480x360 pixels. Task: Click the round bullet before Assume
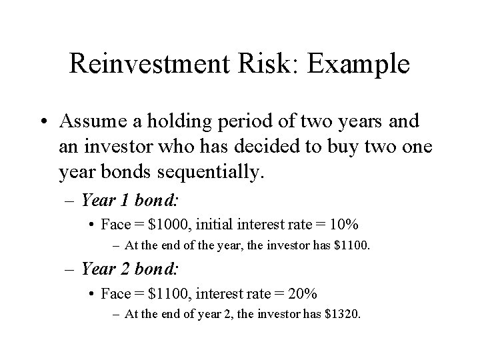point(45,123)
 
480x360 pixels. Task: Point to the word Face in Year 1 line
point(120,225)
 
